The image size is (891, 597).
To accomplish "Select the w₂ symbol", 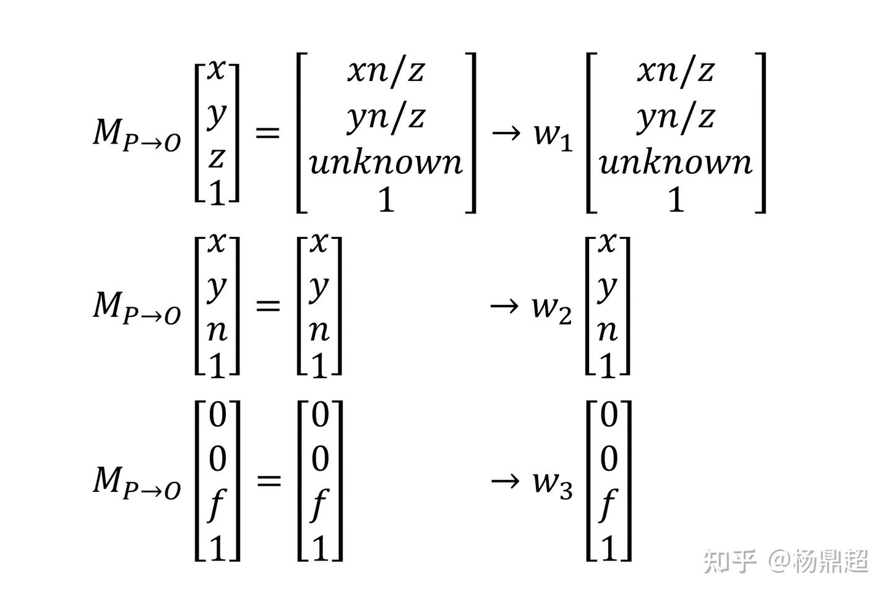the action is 551,308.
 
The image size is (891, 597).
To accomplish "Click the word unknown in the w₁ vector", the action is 675,162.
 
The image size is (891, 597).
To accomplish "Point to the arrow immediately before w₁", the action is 505,133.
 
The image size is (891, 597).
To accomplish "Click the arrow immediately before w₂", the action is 504,305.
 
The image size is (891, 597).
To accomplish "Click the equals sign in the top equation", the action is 268,132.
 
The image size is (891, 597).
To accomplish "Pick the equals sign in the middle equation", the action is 268,305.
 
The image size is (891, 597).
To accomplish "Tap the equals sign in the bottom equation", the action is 268,479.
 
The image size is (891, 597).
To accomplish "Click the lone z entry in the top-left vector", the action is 216,158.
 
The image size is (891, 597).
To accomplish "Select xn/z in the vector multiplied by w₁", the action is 675,71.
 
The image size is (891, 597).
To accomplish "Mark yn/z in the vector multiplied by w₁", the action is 675,116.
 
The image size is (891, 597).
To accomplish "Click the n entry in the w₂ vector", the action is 608,331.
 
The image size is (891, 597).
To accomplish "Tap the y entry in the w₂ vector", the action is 608,286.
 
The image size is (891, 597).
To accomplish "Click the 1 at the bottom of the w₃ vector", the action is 609,548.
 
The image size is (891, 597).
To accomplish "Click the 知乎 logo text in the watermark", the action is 730,561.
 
